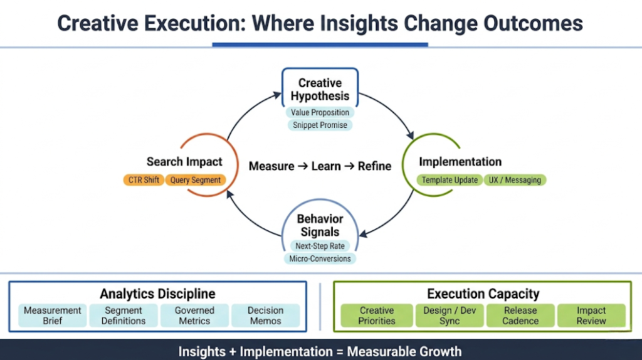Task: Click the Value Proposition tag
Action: click(320, 113)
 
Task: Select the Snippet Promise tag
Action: click(320, 125)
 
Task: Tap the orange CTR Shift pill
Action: click(144, 180)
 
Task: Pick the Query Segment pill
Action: click(196, 180)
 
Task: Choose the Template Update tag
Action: click(450, 180)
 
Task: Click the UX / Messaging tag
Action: click(515, 180)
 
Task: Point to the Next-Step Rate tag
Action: click(320, 246)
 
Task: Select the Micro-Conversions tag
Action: click(320, 258)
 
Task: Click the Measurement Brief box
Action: click(53, 315)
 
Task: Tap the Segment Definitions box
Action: click(124, 315)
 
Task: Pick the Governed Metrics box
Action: click(194, 315)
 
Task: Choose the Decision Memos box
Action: click(265, 315)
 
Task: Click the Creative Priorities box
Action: click(377, 315)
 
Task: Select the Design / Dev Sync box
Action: click(449, 315)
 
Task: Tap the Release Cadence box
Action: click(520, 315)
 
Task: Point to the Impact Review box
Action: click(591, 315)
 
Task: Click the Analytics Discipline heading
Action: click(157, 294)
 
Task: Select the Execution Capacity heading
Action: click(483, 294)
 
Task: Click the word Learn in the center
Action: click(326, 166)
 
